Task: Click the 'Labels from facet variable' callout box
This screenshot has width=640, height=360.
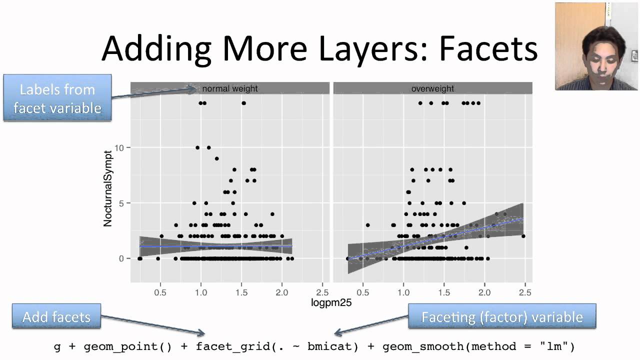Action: coord(57,98)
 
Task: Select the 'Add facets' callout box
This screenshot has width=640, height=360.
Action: coord(56,316)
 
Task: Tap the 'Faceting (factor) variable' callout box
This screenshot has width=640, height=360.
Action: coord(502,316)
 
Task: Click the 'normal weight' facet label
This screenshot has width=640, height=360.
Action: coord(230,88)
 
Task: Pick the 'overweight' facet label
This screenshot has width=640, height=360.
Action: coord(432,88)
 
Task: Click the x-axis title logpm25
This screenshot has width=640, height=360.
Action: coord(331,302)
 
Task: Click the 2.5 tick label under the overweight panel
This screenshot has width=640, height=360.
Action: coord(524,291)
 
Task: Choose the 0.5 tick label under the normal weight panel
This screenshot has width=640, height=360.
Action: coord(160,291)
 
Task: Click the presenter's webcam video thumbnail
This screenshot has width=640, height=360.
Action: coord(597,46)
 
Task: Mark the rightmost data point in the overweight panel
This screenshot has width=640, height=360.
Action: coord(523,236)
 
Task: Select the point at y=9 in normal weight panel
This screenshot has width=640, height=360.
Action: coord(217,158)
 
